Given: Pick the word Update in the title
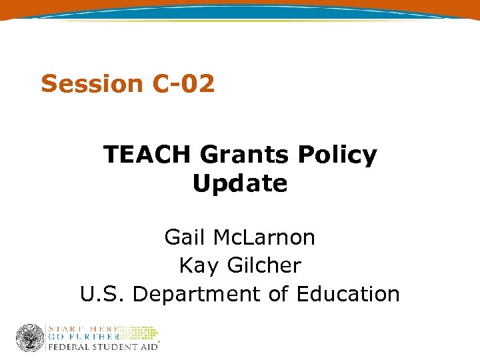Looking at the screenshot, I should (x=240, y=183).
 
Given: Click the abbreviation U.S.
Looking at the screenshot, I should (x=103, y=294).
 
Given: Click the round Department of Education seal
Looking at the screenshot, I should (x=30, y=338).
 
